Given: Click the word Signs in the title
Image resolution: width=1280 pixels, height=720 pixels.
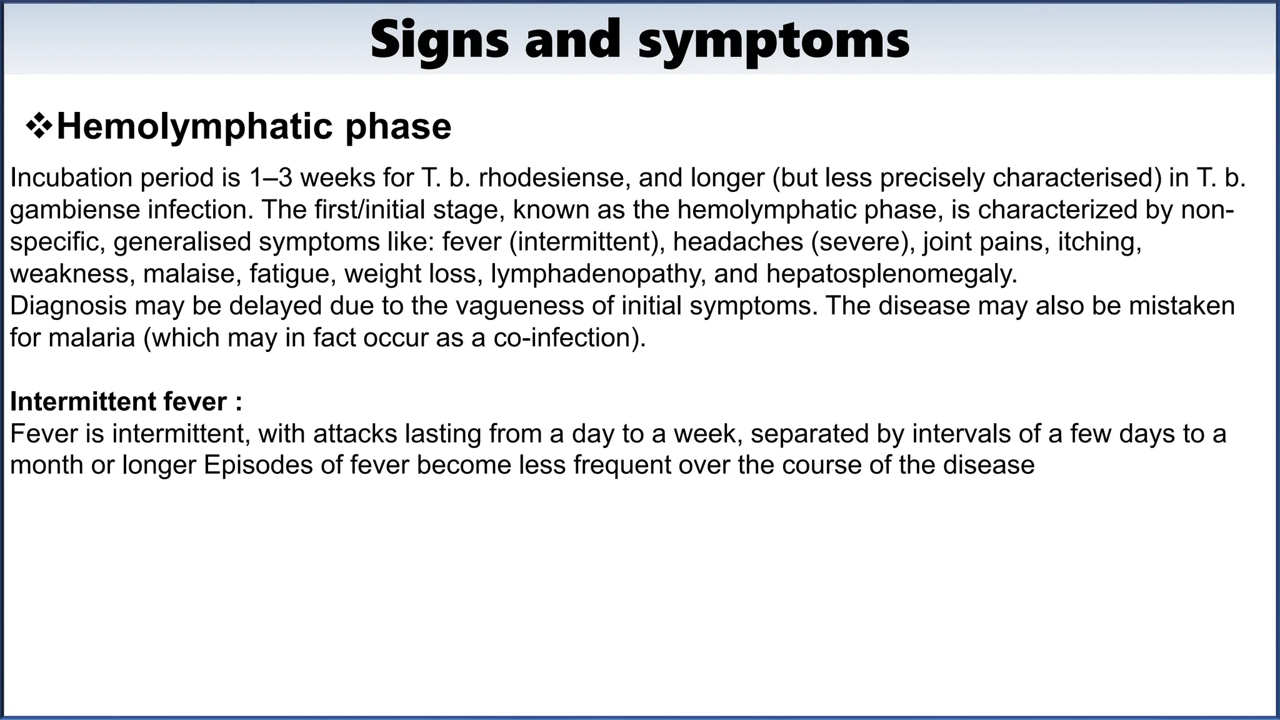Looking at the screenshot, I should click(x=440, y=40).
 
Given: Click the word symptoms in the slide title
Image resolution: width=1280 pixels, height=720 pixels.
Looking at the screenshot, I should click(x=774, y=40).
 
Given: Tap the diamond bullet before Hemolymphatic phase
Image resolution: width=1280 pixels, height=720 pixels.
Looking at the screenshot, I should click(x=39, y=127).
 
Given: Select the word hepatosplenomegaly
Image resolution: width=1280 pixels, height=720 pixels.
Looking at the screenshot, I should click(x=891, y=274).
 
